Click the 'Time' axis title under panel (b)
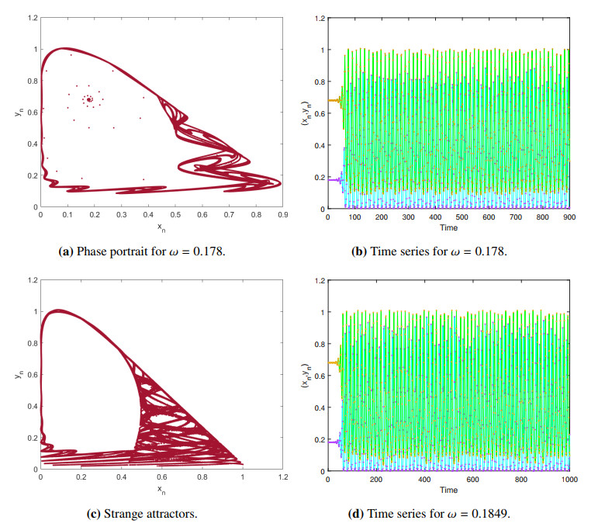pyautogui.click(x=449, y=227)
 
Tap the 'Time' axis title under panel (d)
pyautogui.click(x=449, y=491)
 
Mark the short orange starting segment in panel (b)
pyautogui.click(x=334, y=100)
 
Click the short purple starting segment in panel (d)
pyautogui.click(x=334, y=442)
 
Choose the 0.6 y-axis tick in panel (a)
pyautogui.click(x=32, y=112)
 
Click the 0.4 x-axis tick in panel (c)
pyautogui.click(x=120, y=479)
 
